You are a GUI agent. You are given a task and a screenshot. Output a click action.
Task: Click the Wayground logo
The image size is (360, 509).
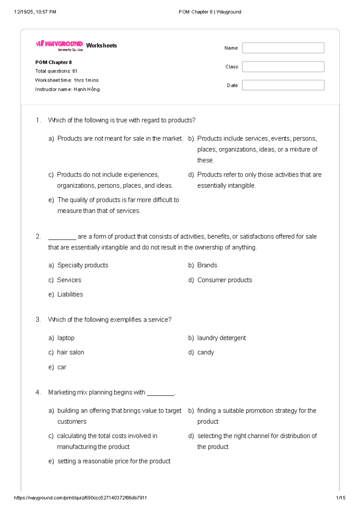pyautogui.click(x=59, y=45)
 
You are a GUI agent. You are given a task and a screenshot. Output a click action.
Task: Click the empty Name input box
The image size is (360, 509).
pyautogui.click(x=283, y=48)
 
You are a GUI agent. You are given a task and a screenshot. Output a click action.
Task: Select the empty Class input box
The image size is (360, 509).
pyautogui.click(x=283, y=67)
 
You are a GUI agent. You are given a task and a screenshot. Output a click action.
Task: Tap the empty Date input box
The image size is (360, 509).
pyautogui.click(x=283, y=85)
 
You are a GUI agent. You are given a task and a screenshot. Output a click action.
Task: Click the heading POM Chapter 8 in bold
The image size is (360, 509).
pyautogui.click(x=53, y=62)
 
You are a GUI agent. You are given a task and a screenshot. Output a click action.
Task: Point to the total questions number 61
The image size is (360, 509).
pyautogui.click(x=75, y=71)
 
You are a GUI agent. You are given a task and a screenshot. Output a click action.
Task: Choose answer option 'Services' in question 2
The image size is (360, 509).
pyautogui.click(x=69, y=280)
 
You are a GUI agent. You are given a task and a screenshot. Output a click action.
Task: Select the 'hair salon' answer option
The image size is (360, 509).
pyautogui.click(x=70, y=352)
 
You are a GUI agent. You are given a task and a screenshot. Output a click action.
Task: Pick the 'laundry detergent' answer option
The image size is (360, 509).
pyautogui.click(x=221, y=338)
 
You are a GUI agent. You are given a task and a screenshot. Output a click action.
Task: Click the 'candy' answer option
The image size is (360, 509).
pyautogui.click(x=205, y=352)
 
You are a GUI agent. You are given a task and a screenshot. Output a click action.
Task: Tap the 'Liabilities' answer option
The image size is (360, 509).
pyautogui.click(x=70, y=294)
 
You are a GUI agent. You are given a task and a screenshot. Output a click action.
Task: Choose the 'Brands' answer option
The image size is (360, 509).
pyautogui.click(x=207, y=265)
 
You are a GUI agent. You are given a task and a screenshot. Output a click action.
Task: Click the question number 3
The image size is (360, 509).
pyautogui.click(x=38, y=320)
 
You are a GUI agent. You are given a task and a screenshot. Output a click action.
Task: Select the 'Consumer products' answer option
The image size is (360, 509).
pyautogui.click(x=224, y=280)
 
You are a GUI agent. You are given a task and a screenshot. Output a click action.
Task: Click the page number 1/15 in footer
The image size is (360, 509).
pyautogui.click(x=340, y=498)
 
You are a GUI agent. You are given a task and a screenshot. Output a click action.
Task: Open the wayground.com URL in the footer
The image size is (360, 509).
pyautogui.click(x=80, y=498)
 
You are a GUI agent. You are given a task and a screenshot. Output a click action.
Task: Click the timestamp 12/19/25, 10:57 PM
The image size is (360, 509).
pyautogui.click(x=35, y=12)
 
